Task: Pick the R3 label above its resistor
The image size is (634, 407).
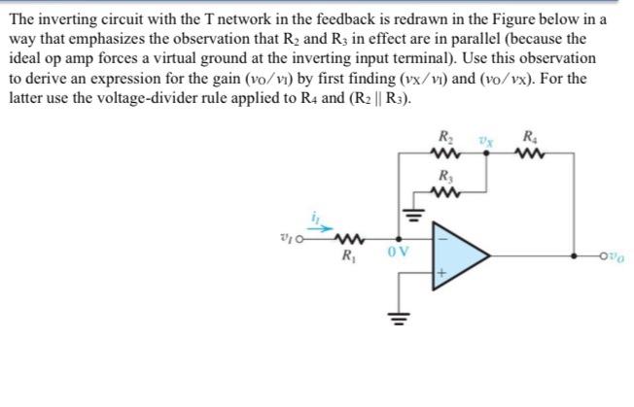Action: (x=446, y=176)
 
